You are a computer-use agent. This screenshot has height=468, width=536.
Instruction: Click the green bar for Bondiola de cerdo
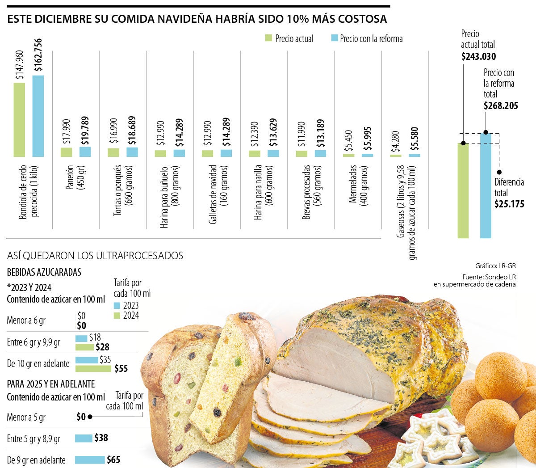19,120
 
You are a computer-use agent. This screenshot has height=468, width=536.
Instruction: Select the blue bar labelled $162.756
38,116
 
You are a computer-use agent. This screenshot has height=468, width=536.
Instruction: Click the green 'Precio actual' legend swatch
268,38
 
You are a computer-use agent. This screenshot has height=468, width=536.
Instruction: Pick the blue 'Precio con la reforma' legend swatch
335,38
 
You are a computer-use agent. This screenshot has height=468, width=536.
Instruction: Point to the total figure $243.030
478,57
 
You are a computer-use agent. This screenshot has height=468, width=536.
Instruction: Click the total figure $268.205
501,106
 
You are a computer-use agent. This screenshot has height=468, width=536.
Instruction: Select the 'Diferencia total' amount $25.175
509,204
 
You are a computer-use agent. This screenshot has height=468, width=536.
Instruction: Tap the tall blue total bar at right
486,186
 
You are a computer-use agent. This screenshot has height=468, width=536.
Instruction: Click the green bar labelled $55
93,369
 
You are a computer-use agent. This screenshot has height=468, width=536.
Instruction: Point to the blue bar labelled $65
89,460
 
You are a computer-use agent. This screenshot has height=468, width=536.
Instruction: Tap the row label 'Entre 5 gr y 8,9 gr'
33,439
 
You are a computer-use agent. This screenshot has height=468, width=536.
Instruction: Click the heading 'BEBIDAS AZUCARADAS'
44,272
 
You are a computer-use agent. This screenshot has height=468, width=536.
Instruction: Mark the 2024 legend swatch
117,316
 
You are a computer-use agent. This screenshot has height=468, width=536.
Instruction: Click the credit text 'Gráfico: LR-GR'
495,266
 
